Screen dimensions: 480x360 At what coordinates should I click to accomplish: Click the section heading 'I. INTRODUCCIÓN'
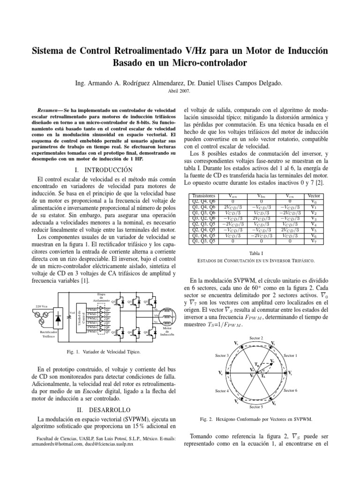[105, 169]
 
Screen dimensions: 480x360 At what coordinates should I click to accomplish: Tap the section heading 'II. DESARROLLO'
[105, 409]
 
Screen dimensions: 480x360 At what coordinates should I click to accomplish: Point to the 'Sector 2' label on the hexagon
[256, 338]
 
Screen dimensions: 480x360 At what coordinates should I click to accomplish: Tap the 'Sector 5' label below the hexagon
[256, 407]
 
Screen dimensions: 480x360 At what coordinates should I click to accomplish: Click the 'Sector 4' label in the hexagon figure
[222, 390]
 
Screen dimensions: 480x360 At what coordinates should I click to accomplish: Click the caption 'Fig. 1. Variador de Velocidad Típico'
[104, 351]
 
